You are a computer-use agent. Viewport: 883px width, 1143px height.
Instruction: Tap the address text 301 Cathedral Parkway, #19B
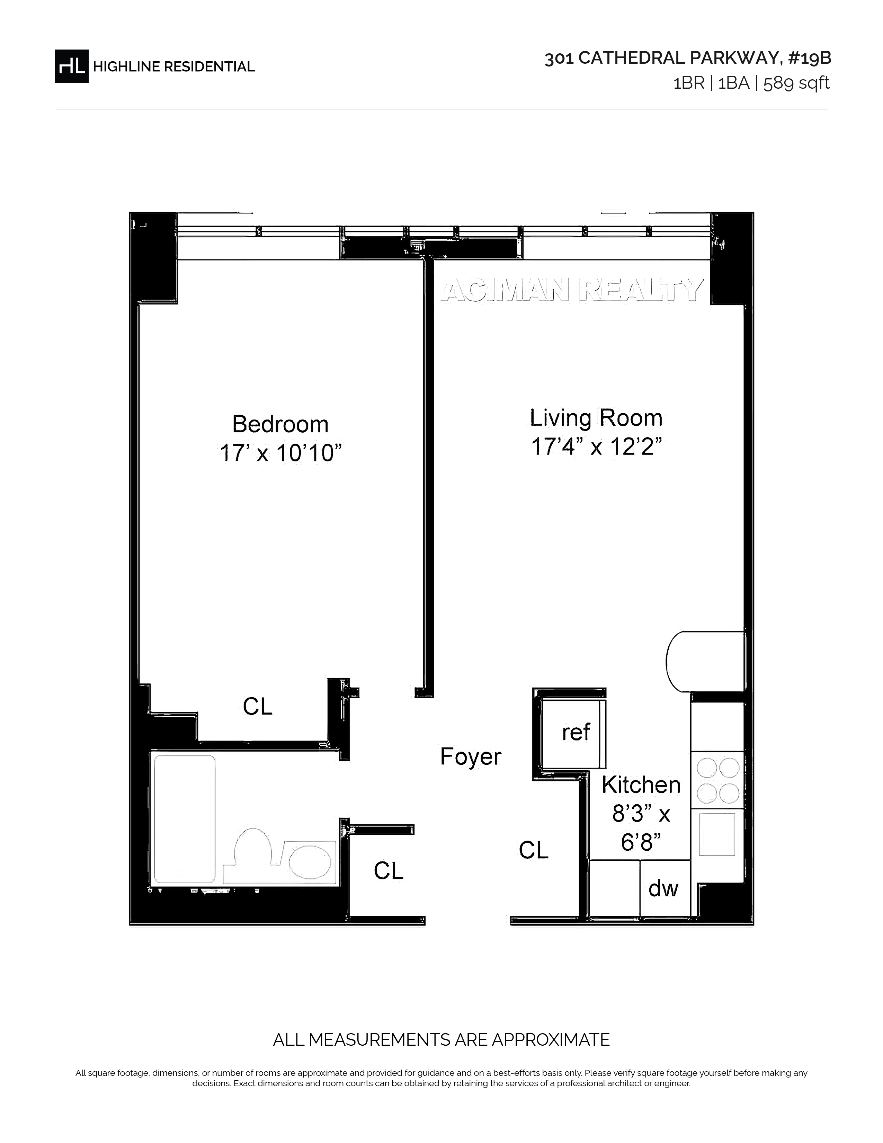pos(687,59)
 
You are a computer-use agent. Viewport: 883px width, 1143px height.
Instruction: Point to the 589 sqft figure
pos(796,83)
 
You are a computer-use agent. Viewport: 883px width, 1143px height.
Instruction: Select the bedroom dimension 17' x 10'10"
pos(280,453)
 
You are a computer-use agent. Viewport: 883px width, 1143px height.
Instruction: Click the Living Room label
pos(596,418)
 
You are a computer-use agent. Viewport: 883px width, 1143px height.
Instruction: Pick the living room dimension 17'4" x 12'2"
pos(596,446)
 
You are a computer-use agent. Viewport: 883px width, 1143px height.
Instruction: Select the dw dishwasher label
pos(663,888)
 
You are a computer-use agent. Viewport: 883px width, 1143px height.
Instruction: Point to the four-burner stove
pos(717,780)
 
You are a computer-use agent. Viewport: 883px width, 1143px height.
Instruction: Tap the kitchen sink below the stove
pos(717,834)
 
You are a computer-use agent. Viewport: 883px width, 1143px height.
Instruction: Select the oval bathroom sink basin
pos(310,862)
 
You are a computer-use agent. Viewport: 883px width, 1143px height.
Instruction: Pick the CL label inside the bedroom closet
pos(257,707)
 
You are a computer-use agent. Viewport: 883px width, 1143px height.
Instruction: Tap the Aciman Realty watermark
pos(572,291)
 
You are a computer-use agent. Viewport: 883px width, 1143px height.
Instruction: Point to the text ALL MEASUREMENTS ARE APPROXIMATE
pos(441,1039)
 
